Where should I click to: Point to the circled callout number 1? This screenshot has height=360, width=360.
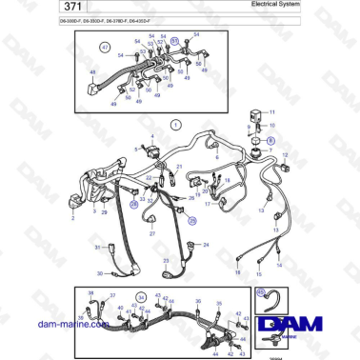click(175, 125)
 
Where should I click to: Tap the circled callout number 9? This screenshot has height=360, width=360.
click(270, 139)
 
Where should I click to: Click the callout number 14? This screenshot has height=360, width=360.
click(271, 255)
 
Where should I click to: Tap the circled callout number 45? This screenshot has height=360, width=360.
click(261, 291)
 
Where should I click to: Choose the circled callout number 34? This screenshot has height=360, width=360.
click(142, 296)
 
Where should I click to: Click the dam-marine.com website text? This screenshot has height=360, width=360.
click(72, 325)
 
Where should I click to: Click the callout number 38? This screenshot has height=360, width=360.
click(90, 293)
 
